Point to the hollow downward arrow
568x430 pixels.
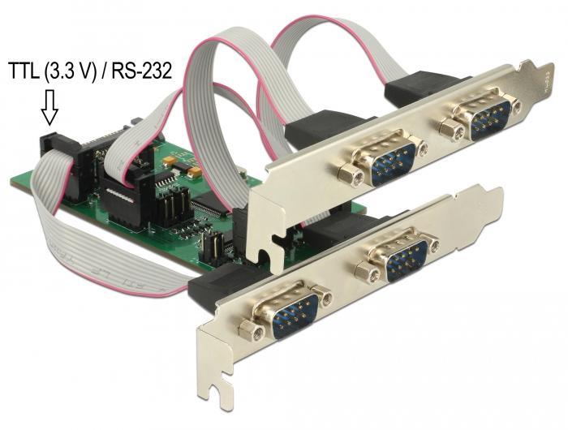pos(49,109)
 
